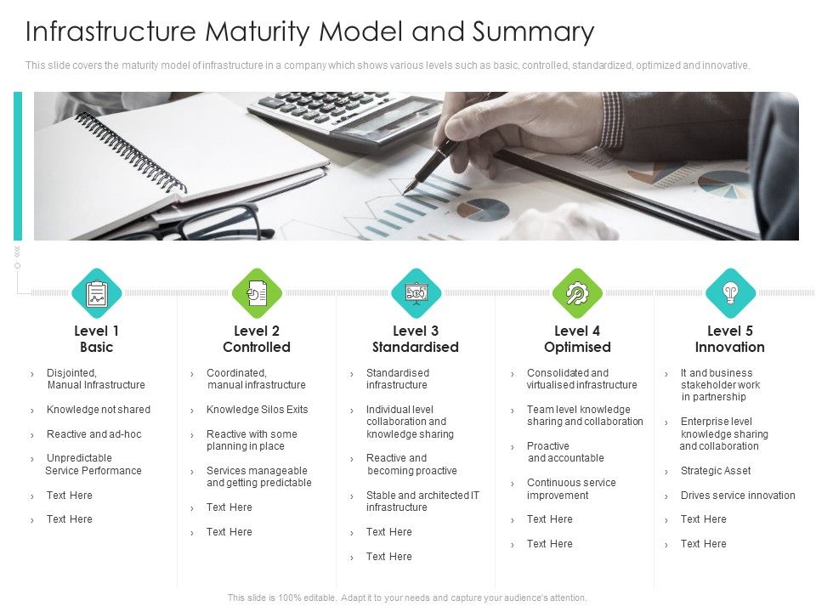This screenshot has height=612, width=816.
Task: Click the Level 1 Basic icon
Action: pyautogui.click(x=97, y=293)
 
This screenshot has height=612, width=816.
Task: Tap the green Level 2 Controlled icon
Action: pyautogui.click(x=256, y=293)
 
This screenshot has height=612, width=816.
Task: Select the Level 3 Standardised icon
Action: pyautogui.click(x=416, y=293)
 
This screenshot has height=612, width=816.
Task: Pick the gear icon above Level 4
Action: pyautogui.click(x=576, y=293)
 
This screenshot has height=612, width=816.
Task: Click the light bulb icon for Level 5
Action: pyautogui.click(x=729, y=293)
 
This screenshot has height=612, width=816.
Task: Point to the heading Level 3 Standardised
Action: pyautogui.click(x=416, y=339)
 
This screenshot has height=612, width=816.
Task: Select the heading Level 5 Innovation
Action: pyautogui.click(x=729, y=339)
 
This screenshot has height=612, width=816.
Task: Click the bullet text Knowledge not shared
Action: pyautogui.click(x=98, y=410)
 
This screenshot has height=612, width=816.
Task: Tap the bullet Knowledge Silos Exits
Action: pyautogui.click(x=257, y=410)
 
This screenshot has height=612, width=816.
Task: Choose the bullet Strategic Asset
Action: pyautogui.click(x=716, y=471)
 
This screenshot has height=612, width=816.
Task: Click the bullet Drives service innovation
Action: pyautogui.click(x=738, y=496)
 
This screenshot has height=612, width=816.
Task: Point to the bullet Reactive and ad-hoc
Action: pyautogui.click(x=93, y=434)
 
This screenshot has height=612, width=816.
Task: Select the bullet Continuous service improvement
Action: pyautogui.click(x=571, y=489)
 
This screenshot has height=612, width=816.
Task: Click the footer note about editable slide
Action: pyautogui.click(x=407, y=598)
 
